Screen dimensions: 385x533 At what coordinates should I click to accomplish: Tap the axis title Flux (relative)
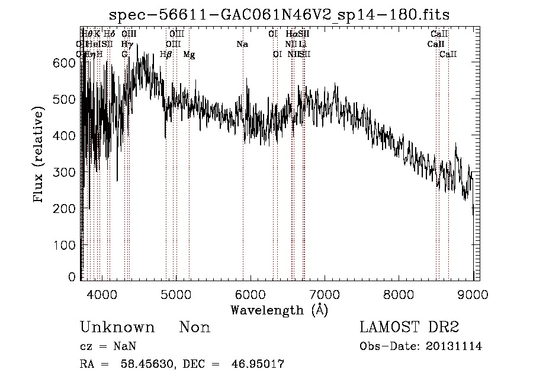[39, 155]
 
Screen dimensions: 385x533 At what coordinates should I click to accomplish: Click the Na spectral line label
[242, 44]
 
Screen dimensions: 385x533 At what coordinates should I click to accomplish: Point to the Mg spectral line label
[189, 54]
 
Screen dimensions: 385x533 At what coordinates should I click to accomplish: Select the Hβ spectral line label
[166, 54]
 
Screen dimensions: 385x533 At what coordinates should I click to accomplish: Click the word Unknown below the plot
[117, 327]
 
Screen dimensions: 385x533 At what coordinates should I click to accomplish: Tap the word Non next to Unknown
[195, 327]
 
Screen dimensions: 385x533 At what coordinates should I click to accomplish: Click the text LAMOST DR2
[409, 327]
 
